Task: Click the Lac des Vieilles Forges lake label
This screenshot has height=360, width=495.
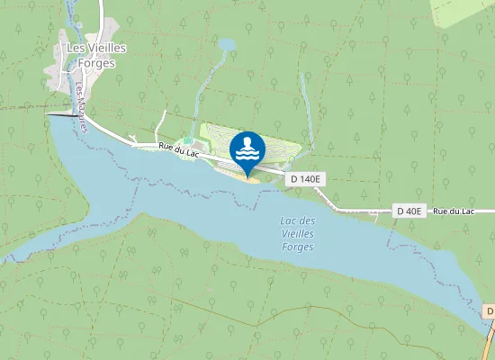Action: click(x=298, y=233)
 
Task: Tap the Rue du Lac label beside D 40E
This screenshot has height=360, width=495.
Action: click(x=452, y=211)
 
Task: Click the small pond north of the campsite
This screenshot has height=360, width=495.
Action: click(x=226, y=43)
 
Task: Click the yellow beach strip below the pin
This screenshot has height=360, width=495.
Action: click(x=245, y=177)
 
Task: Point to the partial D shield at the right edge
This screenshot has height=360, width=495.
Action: click(x=490, y=311)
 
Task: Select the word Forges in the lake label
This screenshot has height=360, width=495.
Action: click(x=298, y=246)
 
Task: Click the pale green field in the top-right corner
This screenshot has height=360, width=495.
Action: click(x=463, y=11)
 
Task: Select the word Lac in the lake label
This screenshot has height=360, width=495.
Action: click(x=289, y=221)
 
